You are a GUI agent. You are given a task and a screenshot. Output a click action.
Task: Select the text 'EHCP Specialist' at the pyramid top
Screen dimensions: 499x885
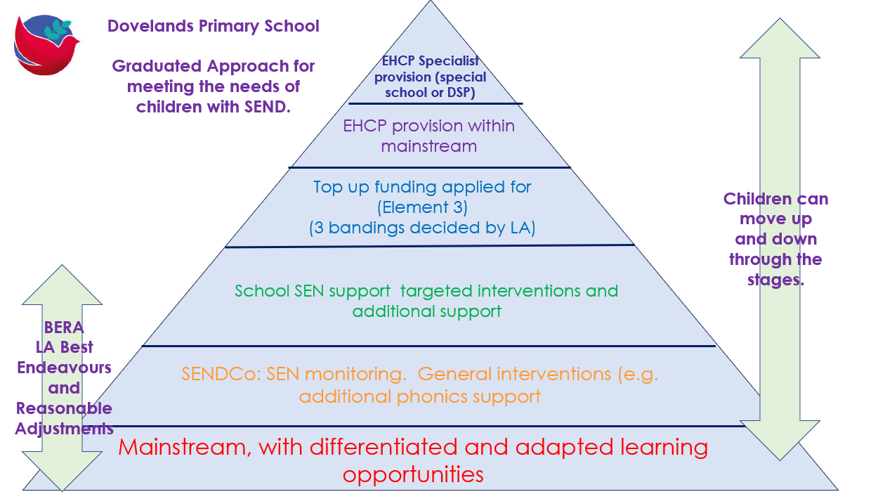click(431, 62)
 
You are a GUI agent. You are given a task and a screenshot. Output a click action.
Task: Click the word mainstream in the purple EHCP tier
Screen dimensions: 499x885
click(428, 146)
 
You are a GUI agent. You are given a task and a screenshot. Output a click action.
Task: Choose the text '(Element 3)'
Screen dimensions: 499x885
click(422, 208)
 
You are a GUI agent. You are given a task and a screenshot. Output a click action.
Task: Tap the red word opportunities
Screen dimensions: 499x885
click(413, 474)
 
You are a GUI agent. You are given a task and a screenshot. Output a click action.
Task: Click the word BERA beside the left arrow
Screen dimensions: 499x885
click(64, 328)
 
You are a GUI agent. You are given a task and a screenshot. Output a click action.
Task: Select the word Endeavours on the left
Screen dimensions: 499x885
click(65, 368)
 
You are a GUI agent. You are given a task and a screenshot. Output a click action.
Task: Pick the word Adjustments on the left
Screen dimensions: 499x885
click(64, 428)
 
